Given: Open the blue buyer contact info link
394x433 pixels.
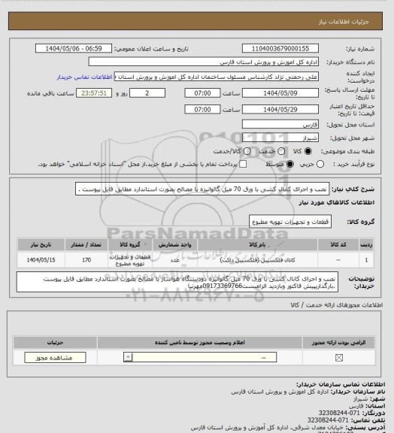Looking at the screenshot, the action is pyautogui.click(x=85, y=77).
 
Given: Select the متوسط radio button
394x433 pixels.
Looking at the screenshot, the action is pyautogui.click(x=261, y=163).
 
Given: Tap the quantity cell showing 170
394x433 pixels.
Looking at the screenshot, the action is pyautogui.click(x=85, y=260).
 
